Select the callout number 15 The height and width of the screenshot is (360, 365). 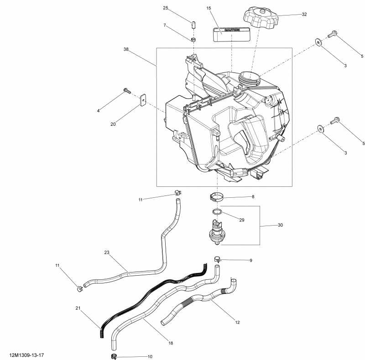tap(209, 8)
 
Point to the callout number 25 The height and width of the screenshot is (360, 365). tap(166, 8)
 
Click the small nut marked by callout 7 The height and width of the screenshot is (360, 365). tap(193, 40)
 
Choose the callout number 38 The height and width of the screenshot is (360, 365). tap(126, 49)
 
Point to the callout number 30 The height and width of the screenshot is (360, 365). tap(280, 225)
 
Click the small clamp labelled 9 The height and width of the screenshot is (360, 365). tap(218, 260)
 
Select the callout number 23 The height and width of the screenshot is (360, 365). tap(107, 252)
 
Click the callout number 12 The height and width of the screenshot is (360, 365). tap(237, 322)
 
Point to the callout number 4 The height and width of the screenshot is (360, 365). tap(98, 111)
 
